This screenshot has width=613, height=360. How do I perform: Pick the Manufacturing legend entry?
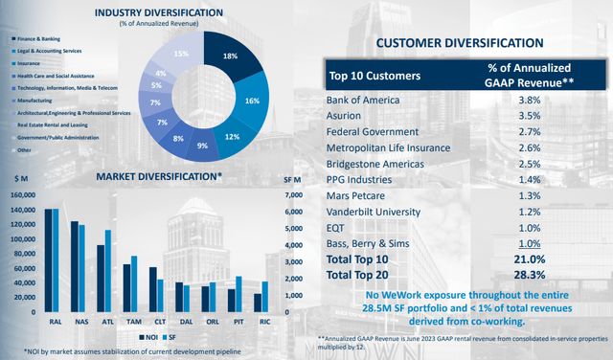point(34,99)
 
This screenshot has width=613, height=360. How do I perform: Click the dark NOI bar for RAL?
point(48,260)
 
